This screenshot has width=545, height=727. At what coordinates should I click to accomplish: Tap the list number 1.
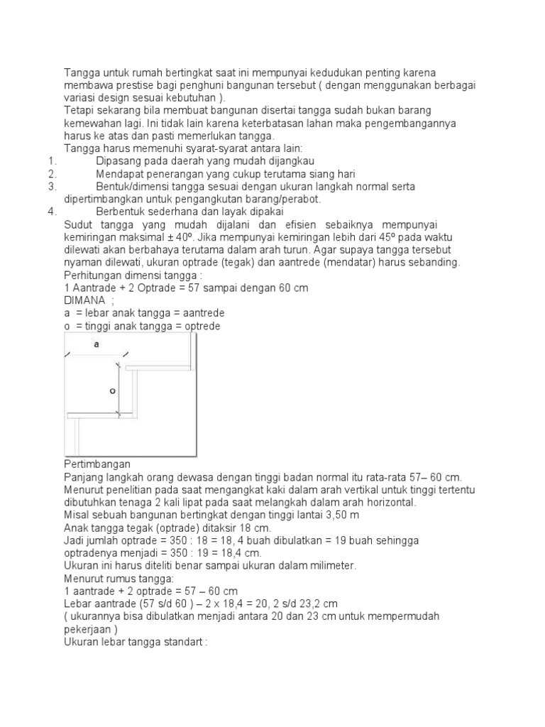click(52, 161)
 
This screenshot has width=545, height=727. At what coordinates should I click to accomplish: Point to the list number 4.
click(52, 212)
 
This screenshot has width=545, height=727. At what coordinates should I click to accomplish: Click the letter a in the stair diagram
click(97, 344)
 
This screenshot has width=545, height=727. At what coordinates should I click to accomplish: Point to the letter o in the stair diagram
click(112, 390)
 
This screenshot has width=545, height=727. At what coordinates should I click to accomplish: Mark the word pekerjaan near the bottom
click(89, 629)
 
